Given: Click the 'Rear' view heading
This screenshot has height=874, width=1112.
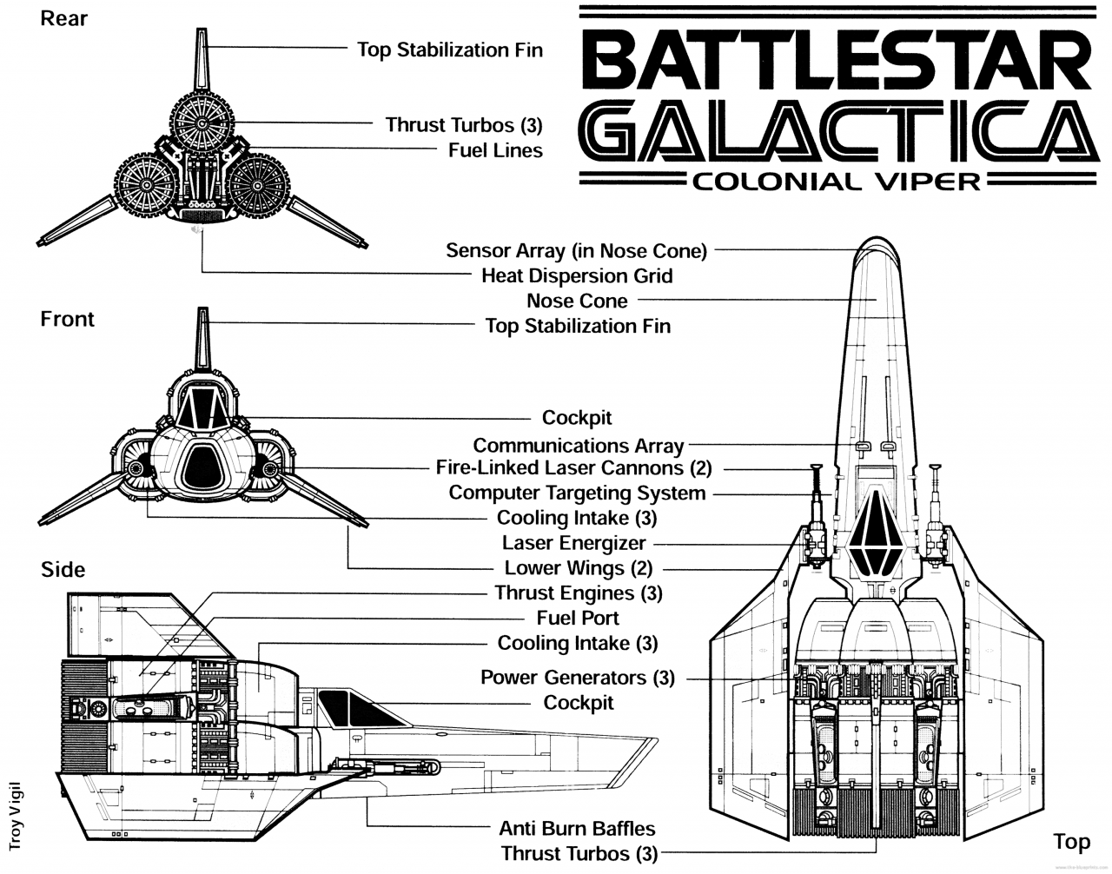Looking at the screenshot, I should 64,18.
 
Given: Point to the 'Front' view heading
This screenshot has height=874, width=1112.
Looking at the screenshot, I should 67,319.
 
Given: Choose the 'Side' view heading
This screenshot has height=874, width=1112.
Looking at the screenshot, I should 63,569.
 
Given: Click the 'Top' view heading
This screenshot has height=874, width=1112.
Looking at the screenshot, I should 1071,841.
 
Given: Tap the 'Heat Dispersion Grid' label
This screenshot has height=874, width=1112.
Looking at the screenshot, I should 577,275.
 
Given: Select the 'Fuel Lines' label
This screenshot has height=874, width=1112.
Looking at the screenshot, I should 495,150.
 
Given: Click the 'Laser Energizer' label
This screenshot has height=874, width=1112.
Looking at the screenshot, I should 574,543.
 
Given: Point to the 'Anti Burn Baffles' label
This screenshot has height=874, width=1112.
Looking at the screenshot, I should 577,828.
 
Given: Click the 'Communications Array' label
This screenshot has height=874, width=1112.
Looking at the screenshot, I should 578,446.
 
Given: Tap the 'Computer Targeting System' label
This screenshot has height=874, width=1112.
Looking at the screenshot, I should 577,493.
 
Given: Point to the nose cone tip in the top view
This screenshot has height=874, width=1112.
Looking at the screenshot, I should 876,246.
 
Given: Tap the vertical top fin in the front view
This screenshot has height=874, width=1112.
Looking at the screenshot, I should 203,339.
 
